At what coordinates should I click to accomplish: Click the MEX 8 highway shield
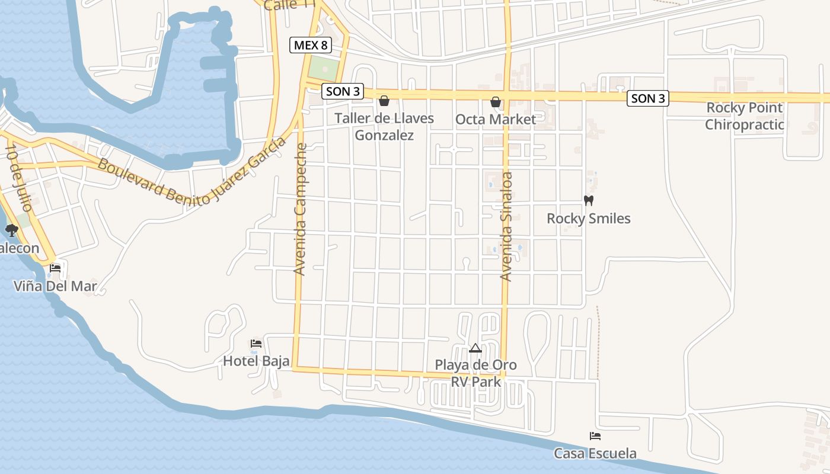coord(311,44)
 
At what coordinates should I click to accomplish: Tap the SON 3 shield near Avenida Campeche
coord(343,92)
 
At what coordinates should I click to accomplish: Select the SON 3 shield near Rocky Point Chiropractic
coord(648,98)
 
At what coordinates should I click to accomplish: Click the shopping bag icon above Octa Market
coord(496,103)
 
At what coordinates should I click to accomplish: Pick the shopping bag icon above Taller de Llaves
coord(384,101)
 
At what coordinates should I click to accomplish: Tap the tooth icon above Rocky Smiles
coord(589,200)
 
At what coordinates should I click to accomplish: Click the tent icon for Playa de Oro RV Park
coord(475,348)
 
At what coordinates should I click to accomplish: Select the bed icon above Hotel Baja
coord(256,343)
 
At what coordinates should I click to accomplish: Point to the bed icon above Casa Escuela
coord(595,436)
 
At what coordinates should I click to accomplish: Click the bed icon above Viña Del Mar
coord(55,268)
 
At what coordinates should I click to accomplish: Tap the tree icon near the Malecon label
coord(11,230)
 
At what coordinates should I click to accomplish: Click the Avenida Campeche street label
coord(301,209)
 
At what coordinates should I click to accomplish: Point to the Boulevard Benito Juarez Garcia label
coord(191,172)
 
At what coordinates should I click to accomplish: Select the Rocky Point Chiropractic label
coord(745,116)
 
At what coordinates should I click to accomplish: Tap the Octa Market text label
coord(496,120)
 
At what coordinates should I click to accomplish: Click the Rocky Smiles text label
coord(589,219)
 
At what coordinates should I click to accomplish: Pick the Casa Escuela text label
coord(595,454)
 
